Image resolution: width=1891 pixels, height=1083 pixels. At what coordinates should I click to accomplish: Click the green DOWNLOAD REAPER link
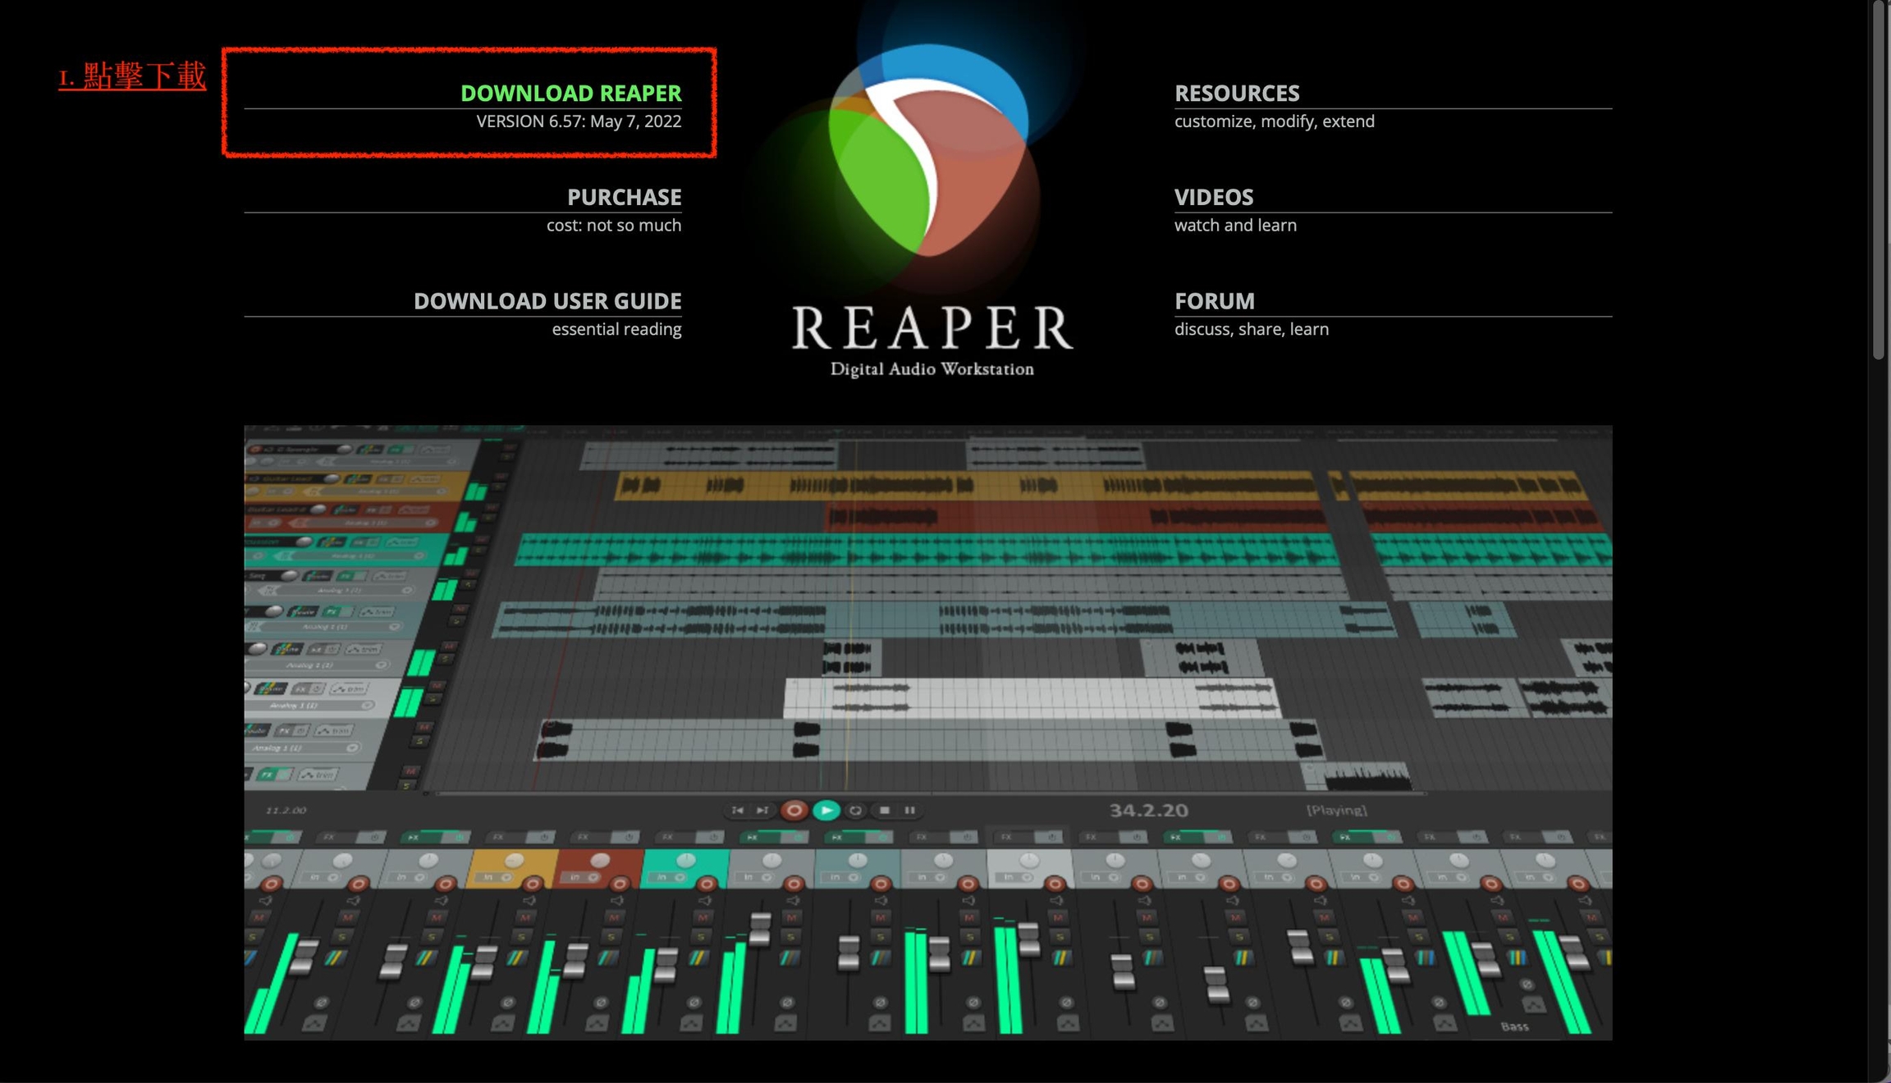coord(570,94)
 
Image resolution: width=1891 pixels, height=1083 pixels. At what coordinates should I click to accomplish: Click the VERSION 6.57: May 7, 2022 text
coord(579,121)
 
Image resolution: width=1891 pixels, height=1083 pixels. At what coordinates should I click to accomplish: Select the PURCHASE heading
coord(624,198)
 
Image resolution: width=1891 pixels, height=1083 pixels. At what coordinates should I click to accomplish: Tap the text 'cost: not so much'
coord(613,226)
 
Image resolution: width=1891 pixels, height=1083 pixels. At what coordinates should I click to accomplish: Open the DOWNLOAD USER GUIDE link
coord(547,301)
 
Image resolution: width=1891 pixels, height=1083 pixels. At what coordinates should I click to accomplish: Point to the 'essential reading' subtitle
coord(616,329)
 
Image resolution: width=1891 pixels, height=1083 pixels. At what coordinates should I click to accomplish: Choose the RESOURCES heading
coord(1236,94)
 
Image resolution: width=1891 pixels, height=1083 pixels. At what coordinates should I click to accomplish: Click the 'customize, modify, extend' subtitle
coord(1274,121)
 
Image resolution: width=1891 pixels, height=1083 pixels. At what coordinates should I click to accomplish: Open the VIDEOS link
coord(1213,198)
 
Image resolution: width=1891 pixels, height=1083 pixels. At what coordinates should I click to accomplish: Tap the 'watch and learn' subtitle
coord(1234,226)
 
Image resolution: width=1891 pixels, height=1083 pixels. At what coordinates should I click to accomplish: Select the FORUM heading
coord(1214,301)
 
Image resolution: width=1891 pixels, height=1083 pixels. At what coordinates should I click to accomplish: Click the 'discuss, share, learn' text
coord(1251,329)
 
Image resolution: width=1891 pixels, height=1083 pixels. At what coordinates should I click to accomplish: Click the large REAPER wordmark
coord(932,328)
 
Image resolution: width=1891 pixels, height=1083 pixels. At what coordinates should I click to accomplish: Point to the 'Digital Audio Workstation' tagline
coord(932,369)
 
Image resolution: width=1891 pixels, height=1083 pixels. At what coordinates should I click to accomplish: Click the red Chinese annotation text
coord(132,76)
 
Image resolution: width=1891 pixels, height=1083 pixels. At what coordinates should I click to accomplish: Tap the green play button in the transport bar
coord(826,811)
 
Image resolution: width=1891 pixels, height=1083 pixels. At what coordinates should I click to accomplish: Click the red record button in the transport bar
coord(793,811)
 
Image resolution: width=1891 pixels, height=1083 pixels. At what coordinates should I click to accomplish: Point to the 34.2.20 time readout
coord(1148,811)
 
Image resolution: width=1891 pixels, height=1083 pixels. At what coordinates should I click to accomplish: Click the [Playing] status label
coord(1336,811)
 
